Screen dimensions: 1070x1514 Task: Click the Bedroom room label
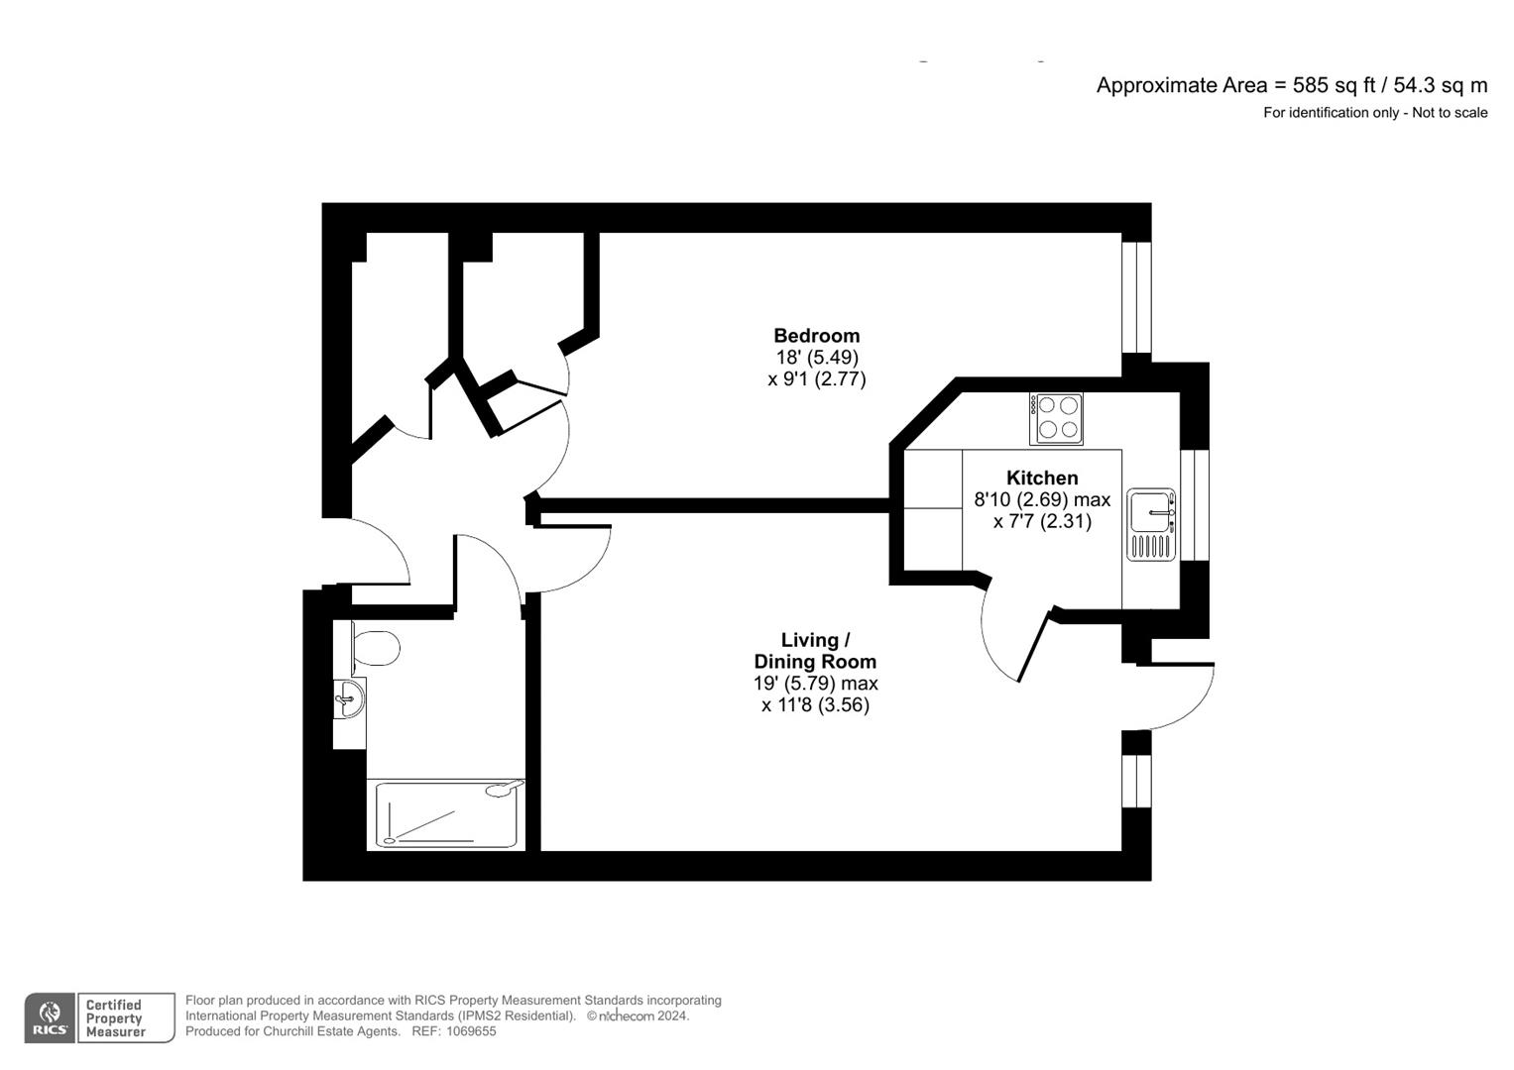816,335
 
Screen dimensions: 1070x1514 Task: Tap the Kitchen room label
1042,478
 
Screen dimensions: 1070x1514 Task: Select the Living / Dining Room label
815,651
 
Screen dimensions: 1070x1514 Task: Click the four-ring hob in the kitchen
1056,418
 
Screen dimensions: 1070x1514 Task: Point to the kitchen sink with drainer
1151,524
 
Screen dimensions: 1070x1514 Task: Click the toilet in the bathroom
376,647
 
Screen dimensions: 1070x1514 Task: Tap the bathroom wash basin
348,698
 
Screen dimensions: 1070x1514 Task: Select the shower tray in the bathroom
446,814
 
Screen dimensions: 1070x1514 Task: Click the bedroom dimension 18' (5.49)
816,357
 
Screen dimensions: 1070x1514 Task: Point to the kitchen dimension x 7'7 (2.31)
1042,521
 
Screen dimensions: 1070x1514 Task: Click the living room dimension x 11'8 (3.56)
815,705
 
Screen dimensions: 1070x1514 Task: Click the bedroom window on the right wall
1136,297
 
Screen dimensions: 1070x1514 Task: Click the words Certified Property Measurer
115,1018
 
